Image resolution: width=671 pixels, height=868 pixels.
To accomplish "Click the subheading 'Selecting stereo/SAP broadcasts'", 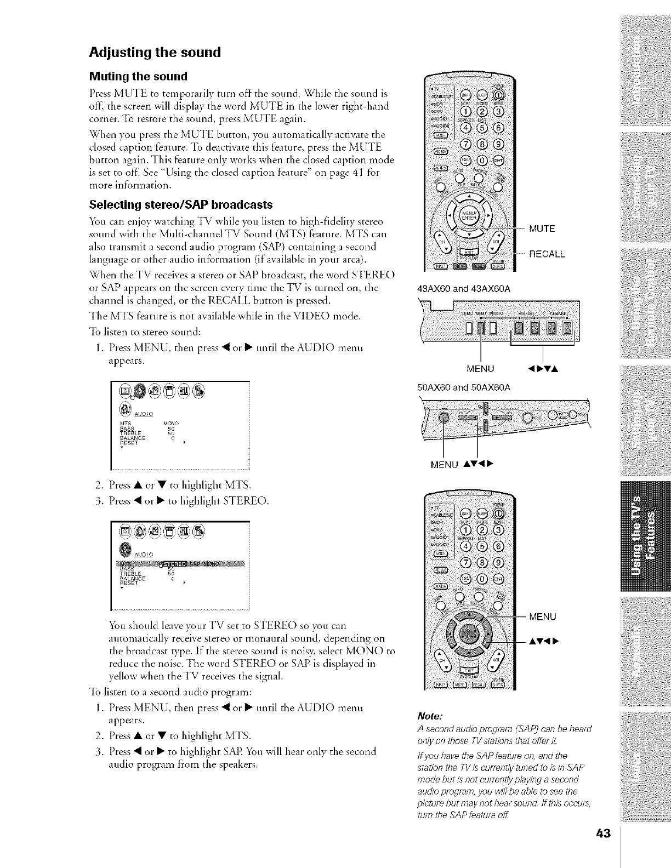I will click(181, 205).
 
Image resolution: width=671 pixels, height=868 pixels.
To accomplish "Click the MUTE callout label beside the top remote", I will click(542, 229).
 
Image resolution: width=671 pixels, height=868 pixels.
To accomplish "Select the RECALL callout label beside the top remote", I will click(547, 254).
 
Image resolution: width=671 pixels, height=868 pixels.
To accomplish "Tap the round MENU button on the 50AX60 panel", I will click(443, 418).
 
